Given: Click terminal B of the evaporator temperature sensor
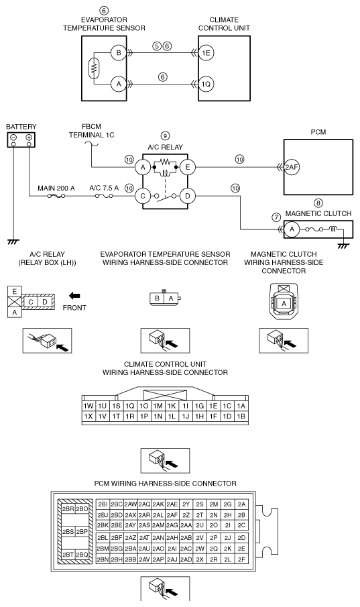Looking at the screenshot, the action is click(x=119, y=52).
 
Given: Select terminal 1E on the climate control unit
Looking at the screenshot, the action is click(x=206, y=52).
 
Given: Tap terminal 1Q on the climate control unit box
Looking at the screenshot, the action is click(x=206, y=84).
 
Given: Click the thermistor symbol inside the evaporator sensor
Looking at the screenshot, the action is click(x=93, y=68).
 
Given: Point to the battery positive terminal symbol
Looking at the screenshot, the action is click(x=29, y=137).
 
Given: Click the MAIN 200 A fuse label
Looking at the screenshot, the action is click(x=56, y=188).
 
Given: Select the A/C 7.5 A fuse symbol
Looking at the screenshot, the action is click(x=104, y=197).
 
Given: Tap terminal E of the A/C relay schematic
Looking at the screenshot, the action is click(x=187, y=167).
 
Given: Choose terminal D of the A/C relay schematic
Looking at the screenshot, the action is click(x=187, y=196).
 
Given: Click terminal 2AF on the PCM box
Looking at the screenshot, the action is click(x=292, y=167).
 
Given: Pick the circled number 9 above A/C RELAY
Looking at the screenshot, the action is click(x=166, y=136).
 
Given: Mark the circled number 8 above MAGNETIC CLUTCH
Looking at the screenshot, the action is click(x=318, y=203).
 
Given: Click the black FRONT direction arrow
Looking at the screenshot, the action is click(x=74, y=296).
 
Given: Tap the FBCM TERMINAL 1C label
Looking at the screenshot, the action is click(x=92, y=131).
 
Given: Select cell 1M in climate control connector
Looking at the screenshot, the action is click(x=158, y=406).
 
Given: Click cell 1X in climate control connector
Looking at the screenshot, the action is click(x=88, y=416).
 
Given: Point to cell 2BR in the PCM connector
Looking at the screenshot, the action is click(x=68, y=509).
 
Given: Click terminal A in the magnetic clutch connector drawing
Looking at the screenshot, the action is click(x=284, y=303).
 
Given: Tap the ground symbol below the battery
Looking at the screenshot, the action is click(x=13, y=241).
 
